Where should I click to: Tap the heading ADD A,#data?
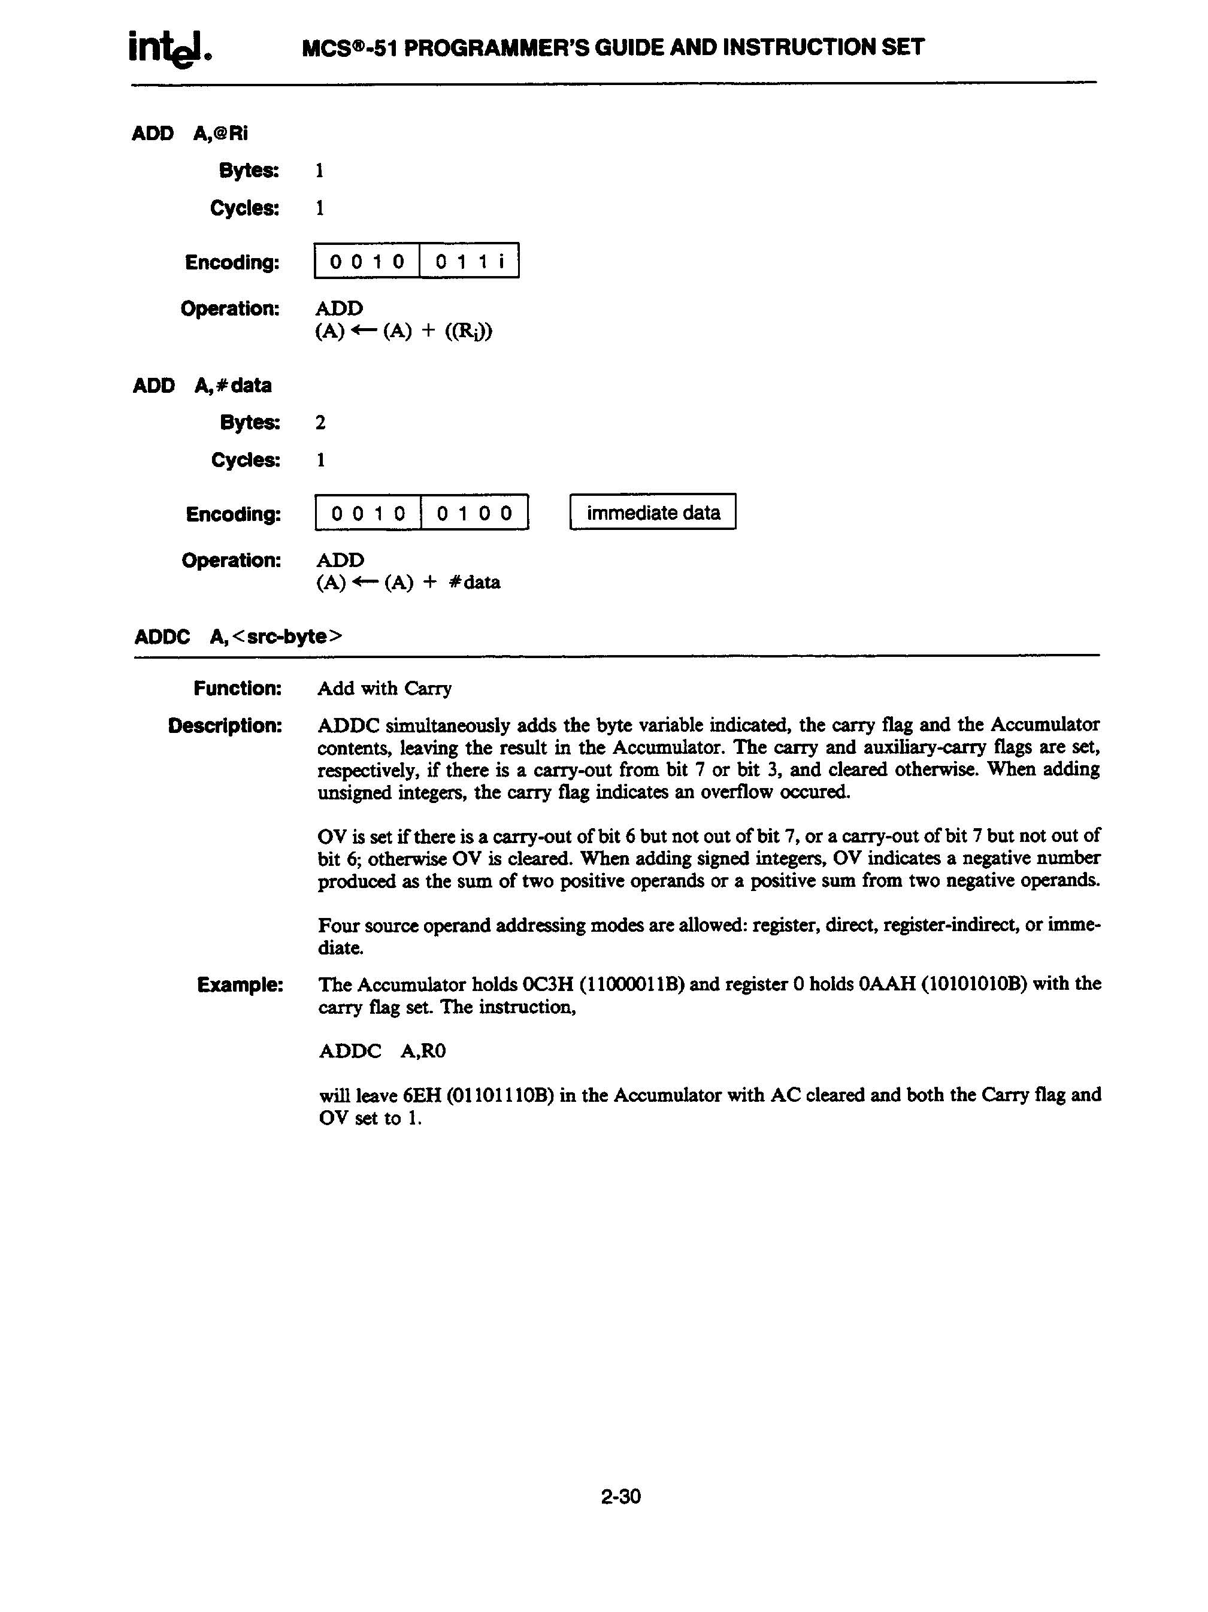tap(202, 386)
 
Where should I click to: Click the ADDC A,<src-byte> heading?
tap(238, 636)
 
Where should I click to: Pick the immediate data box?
tap(652, 513)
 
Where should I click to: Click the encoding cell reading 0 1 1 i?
tap(470, 261)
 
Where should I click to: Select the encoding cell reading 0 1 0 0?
tap(474, 513)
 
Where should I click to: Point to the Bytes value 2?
tap(320, 423)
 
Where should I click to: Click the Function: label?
tap(238, 688)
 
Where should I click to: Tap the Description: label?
tap(225, 726)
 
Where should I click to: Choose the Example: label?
tap(240, 984)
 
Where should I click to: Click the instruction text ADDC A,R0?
tap(382, 1051)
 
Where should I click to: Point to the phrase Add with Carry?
tap(384, 688)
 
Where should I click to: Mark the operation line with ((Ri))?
tap(403, 332)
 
